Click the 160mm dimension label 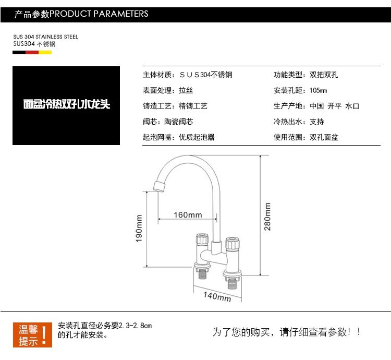coord(188,215)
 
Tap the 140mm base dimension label coord(217,296)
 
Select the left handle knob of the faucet coord(201,242)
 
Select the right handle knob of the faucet coord(232,243)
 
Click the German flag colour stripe coord(32,52)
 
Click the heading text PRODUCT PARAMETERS coord(99,14)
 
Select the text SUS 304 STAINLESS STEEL coord(45,37)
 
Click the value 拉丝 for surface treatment coord(186,90)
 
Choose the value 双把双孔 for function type coord(324,75)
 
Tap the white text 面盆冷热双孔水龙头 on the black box coord(67,104)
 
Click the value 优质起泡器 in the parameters coord(197,137)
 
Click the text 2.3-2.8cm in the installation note coord(136,325)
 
